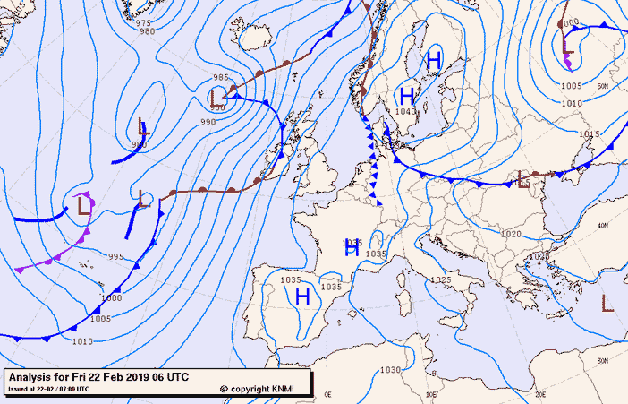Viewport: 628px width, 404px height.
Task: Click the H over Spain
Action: point(302,296)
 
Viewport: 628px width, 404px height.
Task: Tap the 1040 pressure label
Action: point(405,112)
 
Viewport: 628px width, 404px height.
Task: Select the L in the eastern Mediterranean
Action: point(607,303)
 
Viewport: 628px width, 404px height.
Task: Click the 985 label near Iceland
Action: point(222,77)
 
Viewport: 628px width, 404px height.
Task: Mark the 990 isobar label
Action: point(208,122)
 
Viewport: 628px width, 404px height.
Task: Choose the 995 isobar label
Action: point(115,257)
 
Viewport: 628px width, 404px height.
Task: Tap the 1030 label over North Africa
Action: point(390,370)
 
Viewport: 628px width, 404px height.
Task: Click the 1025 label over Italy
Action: point(440,279)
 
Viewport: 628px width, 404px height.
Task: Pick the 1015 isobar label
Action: point(588,134)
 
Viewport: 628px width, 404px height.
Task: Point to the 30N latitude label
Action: point(601,360)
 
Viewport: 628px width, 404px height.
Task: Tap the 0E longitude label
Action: point(327,393)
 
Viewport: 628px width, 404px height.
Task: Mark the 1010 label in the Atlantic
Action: point(82,341)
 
